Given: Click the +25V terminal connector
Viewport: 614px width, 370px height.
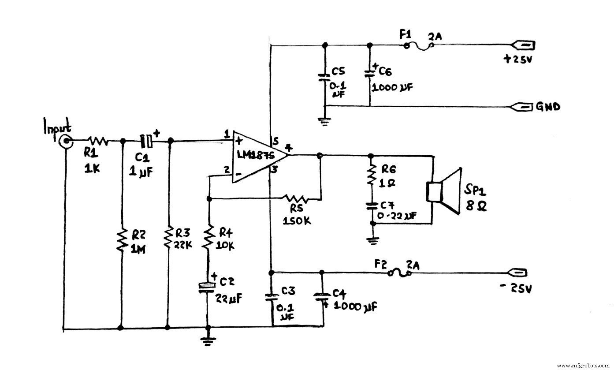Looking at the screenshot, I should click(x=523, y=45).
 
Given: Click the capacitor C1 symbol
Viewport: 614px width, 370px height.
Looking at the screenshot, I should click(x=147, y=141).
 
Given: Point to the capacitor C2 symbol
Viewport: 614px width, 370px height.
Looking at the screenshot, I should click(x=207, y=286).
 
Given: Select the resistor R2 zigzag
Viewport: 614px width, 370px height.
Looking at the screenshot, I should click(x=121, y=240).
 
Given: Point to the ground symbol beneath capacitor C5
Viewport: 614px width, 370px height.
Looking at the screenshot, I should click(x=325, y=122).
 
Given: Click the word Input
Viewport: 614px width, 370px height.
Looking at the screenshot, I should click(x=57, y=127).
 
